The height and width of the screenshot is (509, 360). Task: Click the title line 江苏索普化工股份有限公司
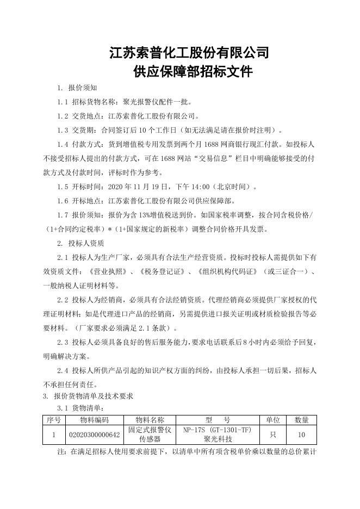tap(189, 53)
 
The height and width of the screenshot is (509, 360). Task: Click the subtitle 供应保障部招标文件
tap(189, 72)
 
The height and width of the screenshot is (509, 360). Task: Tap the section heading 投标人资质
tap(86, 243)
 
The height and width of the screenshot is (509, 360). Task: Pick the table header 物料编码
tap(94, 420)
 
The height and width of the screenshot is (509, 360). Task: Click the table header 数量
tap(302, 420)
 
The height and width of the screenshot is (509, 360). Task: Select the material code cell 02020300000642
tap(94, 434)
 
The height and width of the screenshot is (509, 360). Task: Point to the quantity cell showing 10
tap(302, 434)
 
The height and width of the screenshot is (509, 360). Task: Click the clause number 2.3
tap(63, 343)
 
